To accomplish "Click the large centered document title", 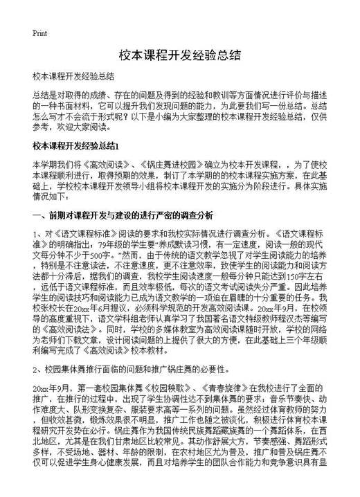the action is tap(179, 55).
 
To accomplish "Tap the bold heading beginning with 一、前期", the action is tap(123, 215).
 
